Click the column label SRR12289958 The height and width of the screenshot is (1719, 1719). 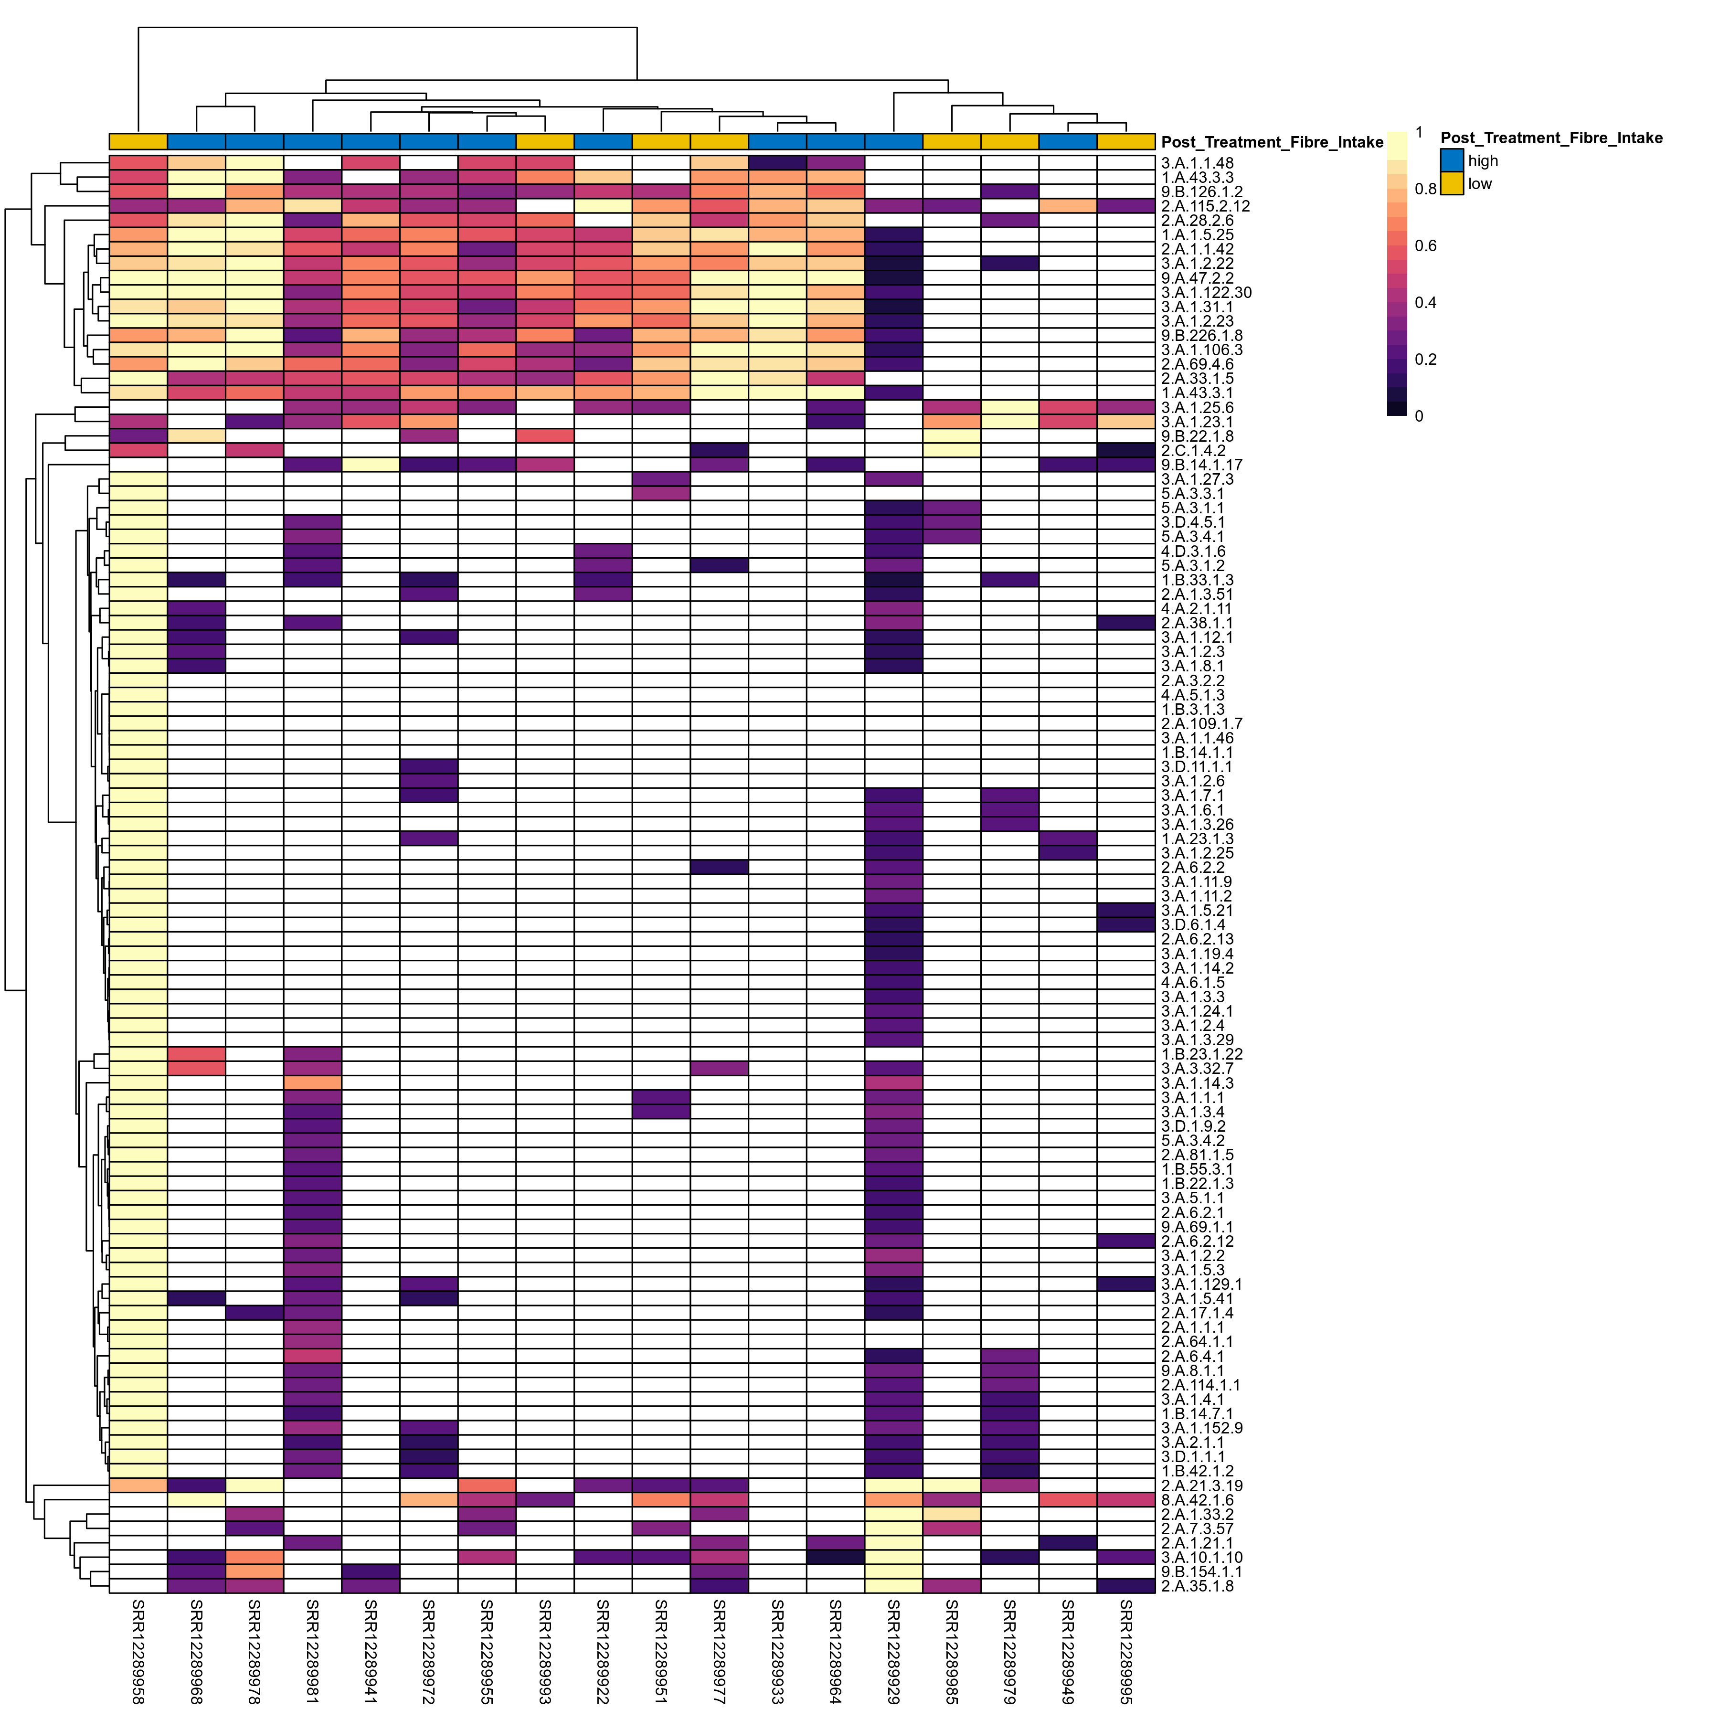tap(138, 1651)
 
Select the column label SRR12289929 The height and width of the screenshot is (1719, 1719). tap(893, 1651)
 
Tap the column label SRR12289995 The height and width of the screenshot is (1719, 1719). tap(1125, 1651)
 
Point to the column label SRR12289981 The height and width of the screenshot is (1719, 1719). tap(312, 1651)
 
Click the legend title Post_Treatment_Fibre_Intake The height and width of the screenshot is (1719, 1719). tap(1551, 138)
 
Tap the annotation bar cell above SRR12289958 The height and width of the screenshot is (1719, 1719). tap(138, 141)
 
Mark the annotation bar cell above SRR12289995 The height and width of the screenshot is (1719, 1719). tap(1125, 141)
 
